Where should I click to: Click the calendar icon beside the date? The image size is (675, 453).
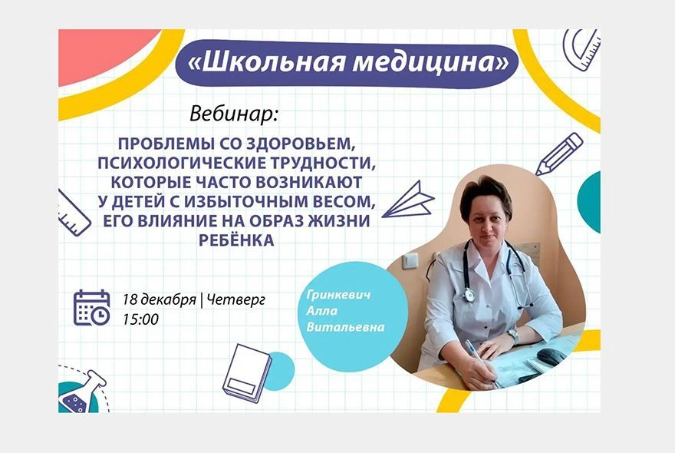pos(91,307)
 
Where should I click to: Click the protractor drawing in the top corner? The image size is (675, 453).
pos(581,49)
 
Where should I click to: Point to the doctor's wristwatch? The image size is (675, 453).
pos(513,336)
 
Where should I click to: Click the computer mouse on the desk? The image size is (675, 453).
pos(551,355)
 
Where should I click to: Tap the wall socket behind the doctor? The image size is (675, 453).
pos(411,260)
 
